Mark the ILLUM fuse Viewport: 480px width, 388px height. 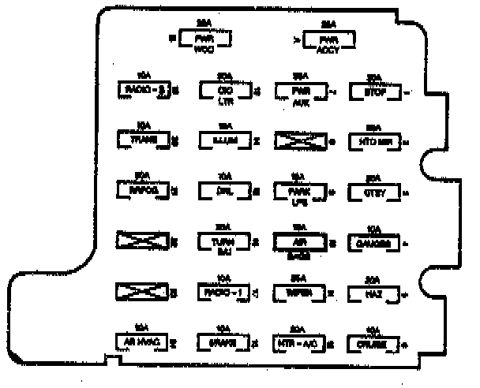pos(223,140)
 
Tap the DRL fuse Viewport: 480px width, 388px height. pos(223,190)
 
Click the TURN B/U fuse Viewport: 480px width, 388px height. pos(223,241)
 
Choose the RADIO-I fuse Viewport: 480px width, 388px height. pos(223,292)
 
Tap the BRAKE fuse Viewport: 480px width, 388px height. pos(223,342)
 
